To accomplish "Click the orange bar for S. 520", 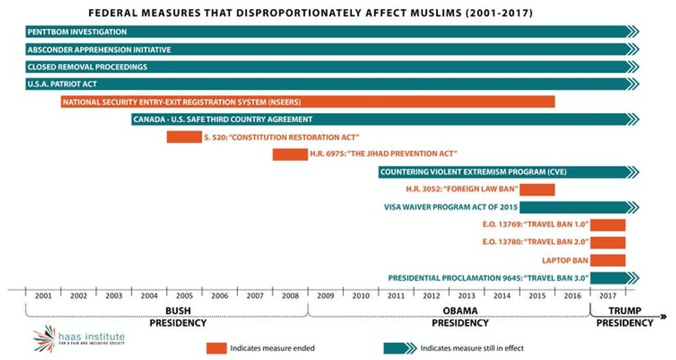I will click(183, 137).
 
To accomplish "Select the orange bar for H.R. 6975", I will click(290, 154).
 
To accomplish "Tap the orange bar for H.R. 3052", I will click(537, 190).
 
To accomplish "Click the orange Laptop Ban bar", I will click(608, 260).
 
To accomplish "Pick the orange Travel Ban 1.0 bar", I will click(608, 225).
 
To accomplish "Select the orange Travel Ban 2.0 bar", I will click(608, 242).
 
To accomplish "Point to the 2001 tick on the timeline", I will click(43, 295).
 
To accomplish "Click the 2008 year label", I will click(290, 295).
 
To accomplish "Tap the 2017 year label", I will click(608, 295).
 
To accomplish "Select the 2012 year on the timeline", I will click(431, 295).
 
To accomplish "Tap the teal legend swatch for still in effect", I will click(399, 348).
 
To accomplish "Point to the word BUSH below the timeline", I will click(178, 310).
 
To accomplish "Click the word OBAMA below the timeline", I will click(459, 310).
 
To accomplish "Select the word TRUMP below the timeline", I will click(625, 310).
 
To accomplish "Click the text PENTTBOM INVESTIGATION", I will click(77, 32).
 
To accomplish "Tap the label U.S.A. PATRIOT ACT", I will click(62, 84).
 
